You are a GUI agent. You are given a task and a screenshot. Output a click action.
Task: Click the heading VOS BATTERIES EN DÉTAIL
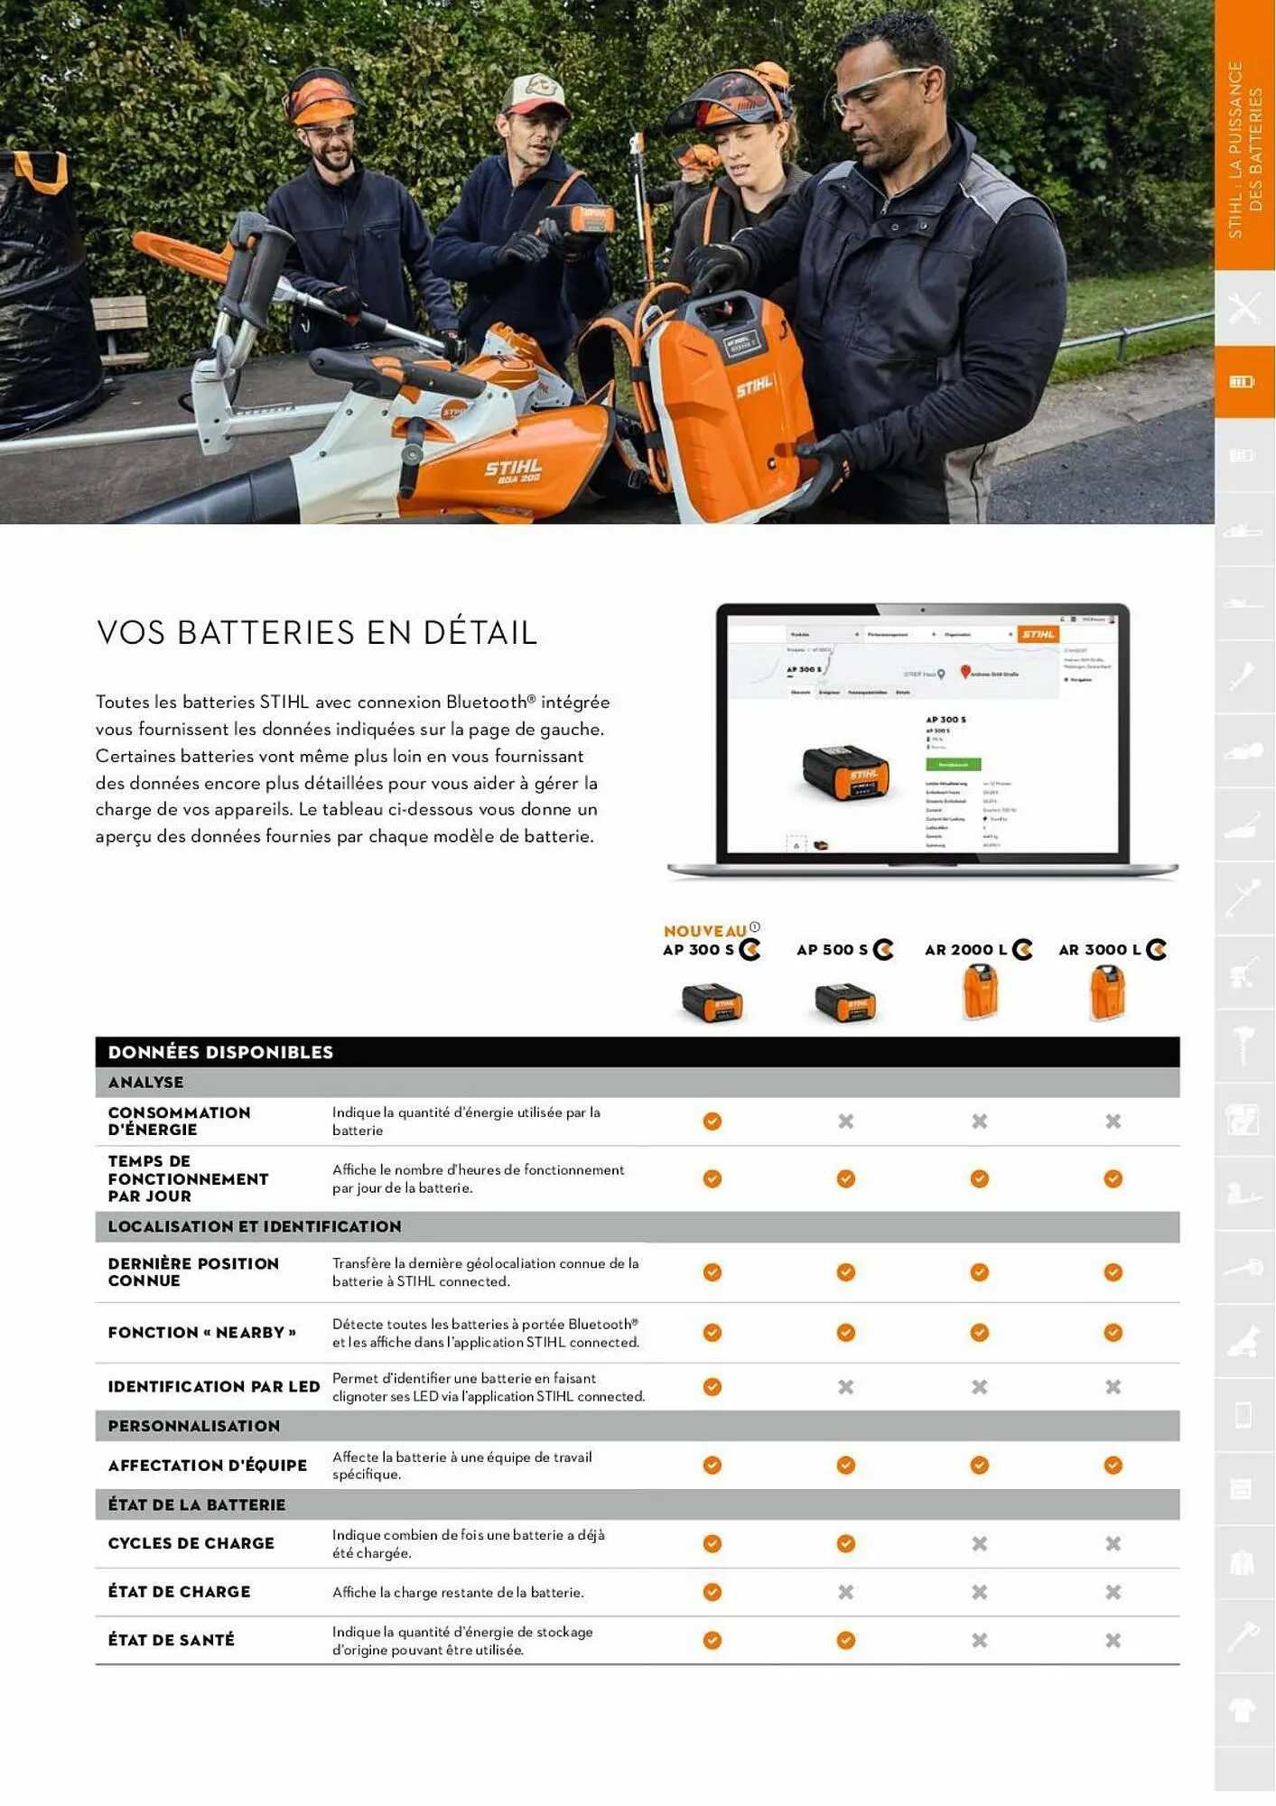[x=317, y=633]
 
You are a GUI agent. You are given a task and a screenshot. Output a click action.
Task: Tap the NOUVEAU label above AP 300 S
[x=704, y=931]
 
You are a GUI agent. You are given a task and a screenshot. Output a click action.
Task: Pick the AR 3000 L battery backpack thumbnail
[x=1107, y=992]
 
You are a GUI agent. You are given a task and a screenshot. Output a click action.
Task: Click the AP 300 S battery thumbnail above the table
[x=712, y=1003]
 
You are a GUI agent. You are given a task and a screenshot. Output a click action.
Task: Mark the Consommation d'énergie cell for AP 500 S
[x=845, y=1122]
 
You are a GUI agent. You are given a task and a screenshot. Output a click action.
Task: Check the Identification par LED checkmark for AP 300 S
[x=713, y=1387]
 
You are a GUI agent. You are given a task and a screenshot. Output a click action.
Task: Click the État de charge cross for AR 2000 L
[x=979, y=1592]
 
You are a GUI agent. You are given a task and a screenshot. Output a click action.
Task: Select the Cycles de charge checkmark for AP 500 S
[x=845, y=1544]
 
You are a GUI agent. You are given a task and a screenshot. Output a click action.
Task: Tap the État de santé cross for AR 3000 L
[x=1113, y=1641]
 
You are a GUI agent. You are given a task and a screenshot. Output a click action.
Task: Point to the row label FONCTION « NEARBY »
[x=202, y=1333]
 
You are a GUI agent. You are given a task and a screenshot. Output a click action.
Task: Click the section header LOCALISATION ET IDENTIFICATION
[x=255, y=1227]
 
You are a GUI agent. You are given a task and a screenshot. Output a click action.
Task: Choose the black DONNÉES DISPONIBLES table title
[x=220, y=1052]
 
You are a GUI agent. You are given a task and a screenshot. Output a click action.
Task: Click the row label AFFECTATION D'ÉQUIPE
[x=208, y=1466]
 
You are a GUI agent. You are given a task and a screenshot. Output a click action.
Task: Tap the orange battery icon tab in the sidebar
[x=1243, y=382]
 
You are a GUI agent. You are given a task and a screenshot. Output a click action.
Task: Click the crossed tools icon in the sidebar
[x=1243, y=308]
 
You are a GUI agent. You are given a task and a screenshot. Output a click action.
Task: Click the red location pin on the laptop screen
[x=964, y=671]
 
